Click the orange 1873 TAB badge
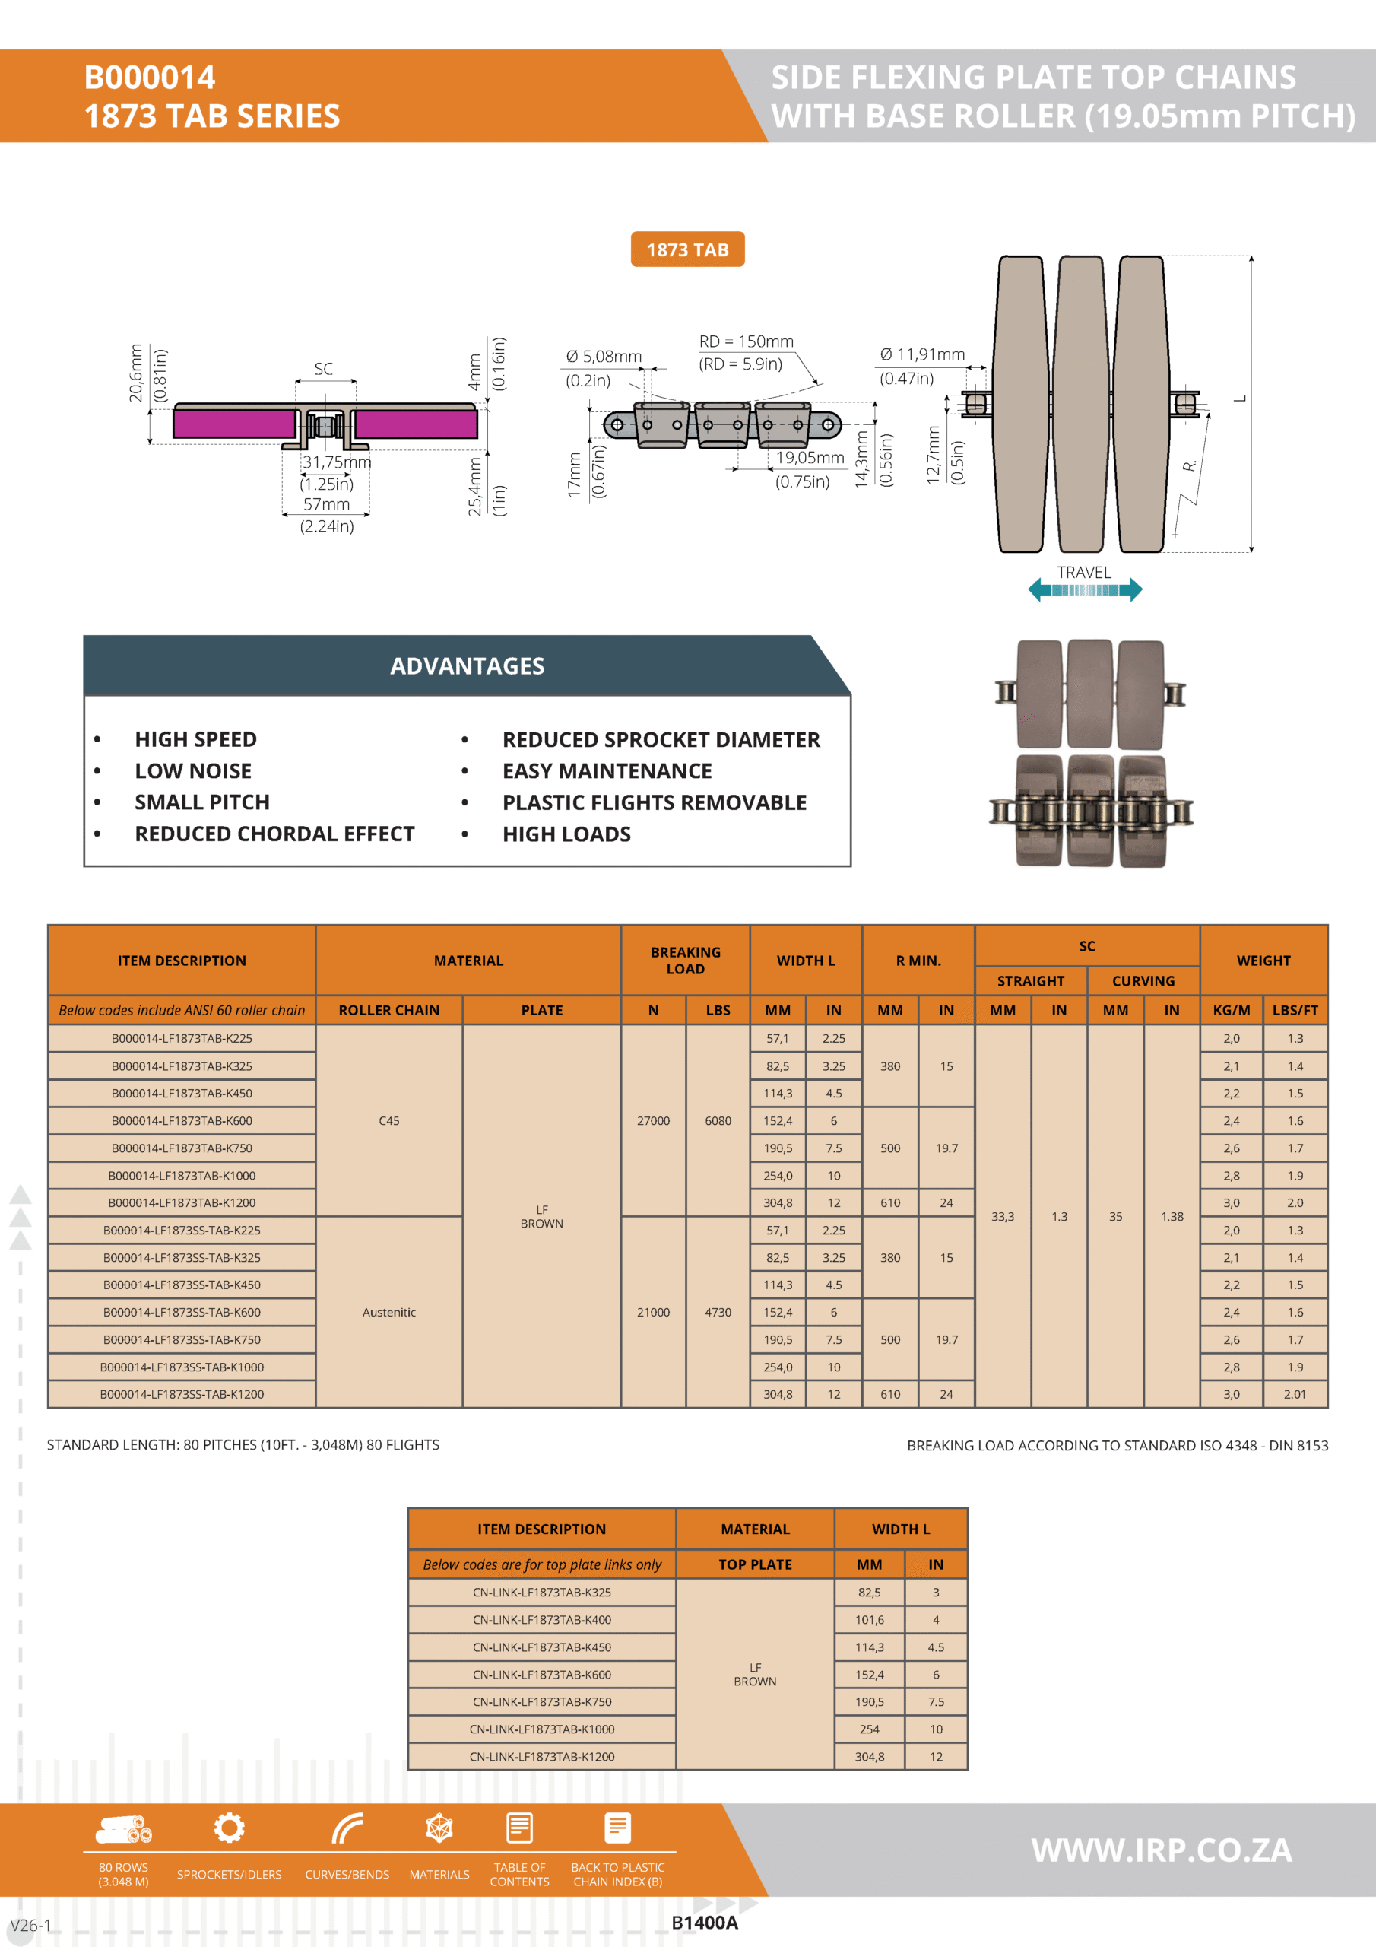click(x=686, y=249)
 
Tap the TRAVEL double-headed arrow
click(x=1084, y=589)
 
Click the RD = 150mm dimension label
click(x=746, y=341)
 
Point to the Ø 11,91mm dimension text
click(x=921, y=354)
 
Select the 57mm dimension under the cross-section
click(x=326, y=504)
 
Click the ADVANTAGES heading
click(x=467, y=666)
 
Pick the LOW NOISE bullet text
click(x=193, y=771)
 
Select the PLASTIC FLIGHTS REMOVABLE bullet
click(x=655, y=802)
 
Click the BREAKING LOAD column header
click(x=685, y=960)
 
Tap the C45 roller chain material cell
click(x=389, y=1120)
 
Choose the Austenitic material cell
click(x=389, y=1312)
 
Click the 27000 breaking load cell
click(x=653, y=1120)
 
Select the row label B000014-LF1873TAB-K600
click(x=182, y=1120)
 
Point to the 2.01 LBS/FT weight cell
click(x=1295, y=1394)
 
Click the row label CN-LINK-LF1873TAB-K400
click(x=542, y=1620)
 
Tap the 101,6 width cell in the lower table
click(x=869, y=1620)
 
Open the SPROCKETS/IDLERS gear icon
click(x=229, y=1828)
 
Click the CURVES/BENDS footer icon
click(x=347, y=1828)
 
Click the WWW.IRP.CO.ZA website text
click(x=1162, y=1850)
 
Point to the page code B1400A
click(x=705, y=1923)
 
